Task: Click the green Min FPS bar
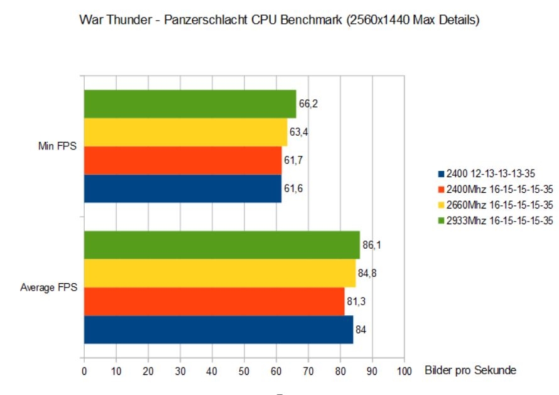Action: click(190, 104)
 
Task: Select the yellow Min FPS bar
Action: click(185, 133)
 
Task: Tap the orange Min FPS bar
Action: click(183, 160)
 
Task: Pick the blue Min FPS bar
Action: click(183, 188)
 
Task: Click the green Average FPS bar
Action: click(222, 245)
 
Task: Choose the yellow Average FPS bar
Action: click(220, 273)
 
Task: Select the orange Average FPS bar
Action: click(214, 301)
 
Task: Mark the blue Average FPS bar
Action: click(219, 329)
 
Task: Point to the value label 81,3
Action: click(356, 301)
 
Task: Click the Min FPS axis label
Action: click(57, 146)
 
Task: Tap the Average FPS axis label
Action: click(49, 288)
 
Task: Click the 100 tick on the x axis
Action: click(404, 371)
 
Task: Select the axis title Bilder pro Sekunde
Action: click(470, 370)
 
